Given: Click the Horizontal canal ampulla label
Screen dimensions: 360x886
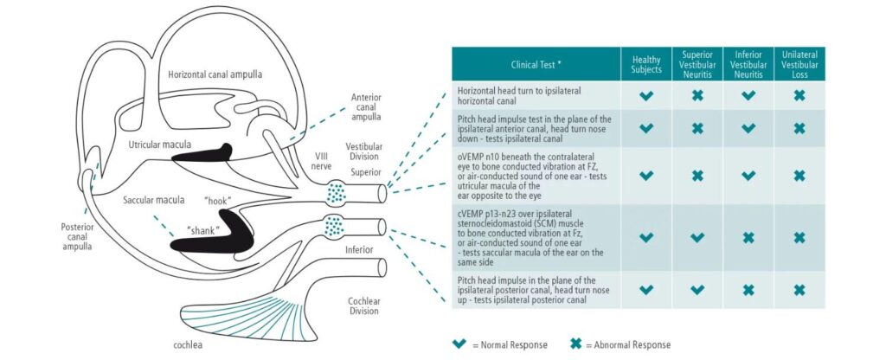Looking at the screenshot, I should pos(216,75).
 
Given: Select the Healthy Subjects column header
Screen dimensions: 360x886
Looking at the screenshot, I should pos(646,64).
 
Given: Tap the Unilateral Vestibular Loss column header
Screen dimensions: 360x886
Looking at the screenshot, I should pos(799,64).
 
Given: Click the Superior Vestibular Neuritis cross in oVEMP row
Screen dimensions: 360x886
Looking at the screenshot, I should pos(697,176).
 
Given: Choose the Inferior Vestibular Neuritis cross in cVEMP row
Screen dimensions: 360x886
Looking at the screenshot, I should pos(748,237).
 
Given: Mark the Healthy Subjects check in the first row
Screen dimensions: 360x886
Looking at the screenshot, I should pos(646,95).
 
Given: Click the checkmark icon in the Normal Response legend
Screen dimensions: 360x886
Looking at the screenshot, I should pos(460,344).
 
